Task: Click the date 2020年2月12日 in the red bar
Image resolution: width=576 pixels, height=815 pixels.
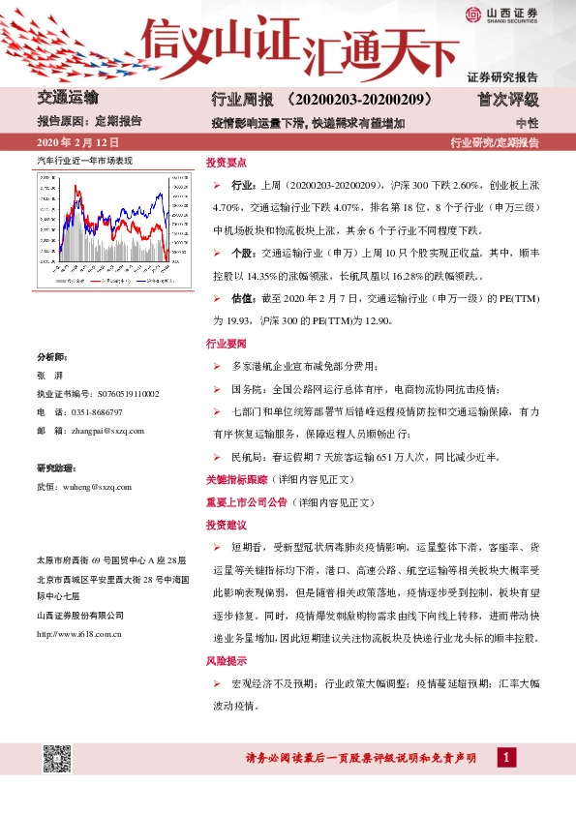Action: (75, 143)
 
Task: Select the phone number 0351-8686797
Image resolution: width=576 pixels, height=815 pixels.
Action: (101, 411)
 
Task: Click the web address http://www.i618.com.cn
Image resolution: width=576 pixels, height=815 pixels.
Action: (78, 633)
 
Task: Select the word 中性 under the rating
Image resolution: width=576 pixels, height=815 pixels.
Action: (527, 123)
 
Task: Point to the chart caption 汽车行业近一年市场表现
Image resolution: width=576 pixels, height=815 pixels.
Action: (84, 158)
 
